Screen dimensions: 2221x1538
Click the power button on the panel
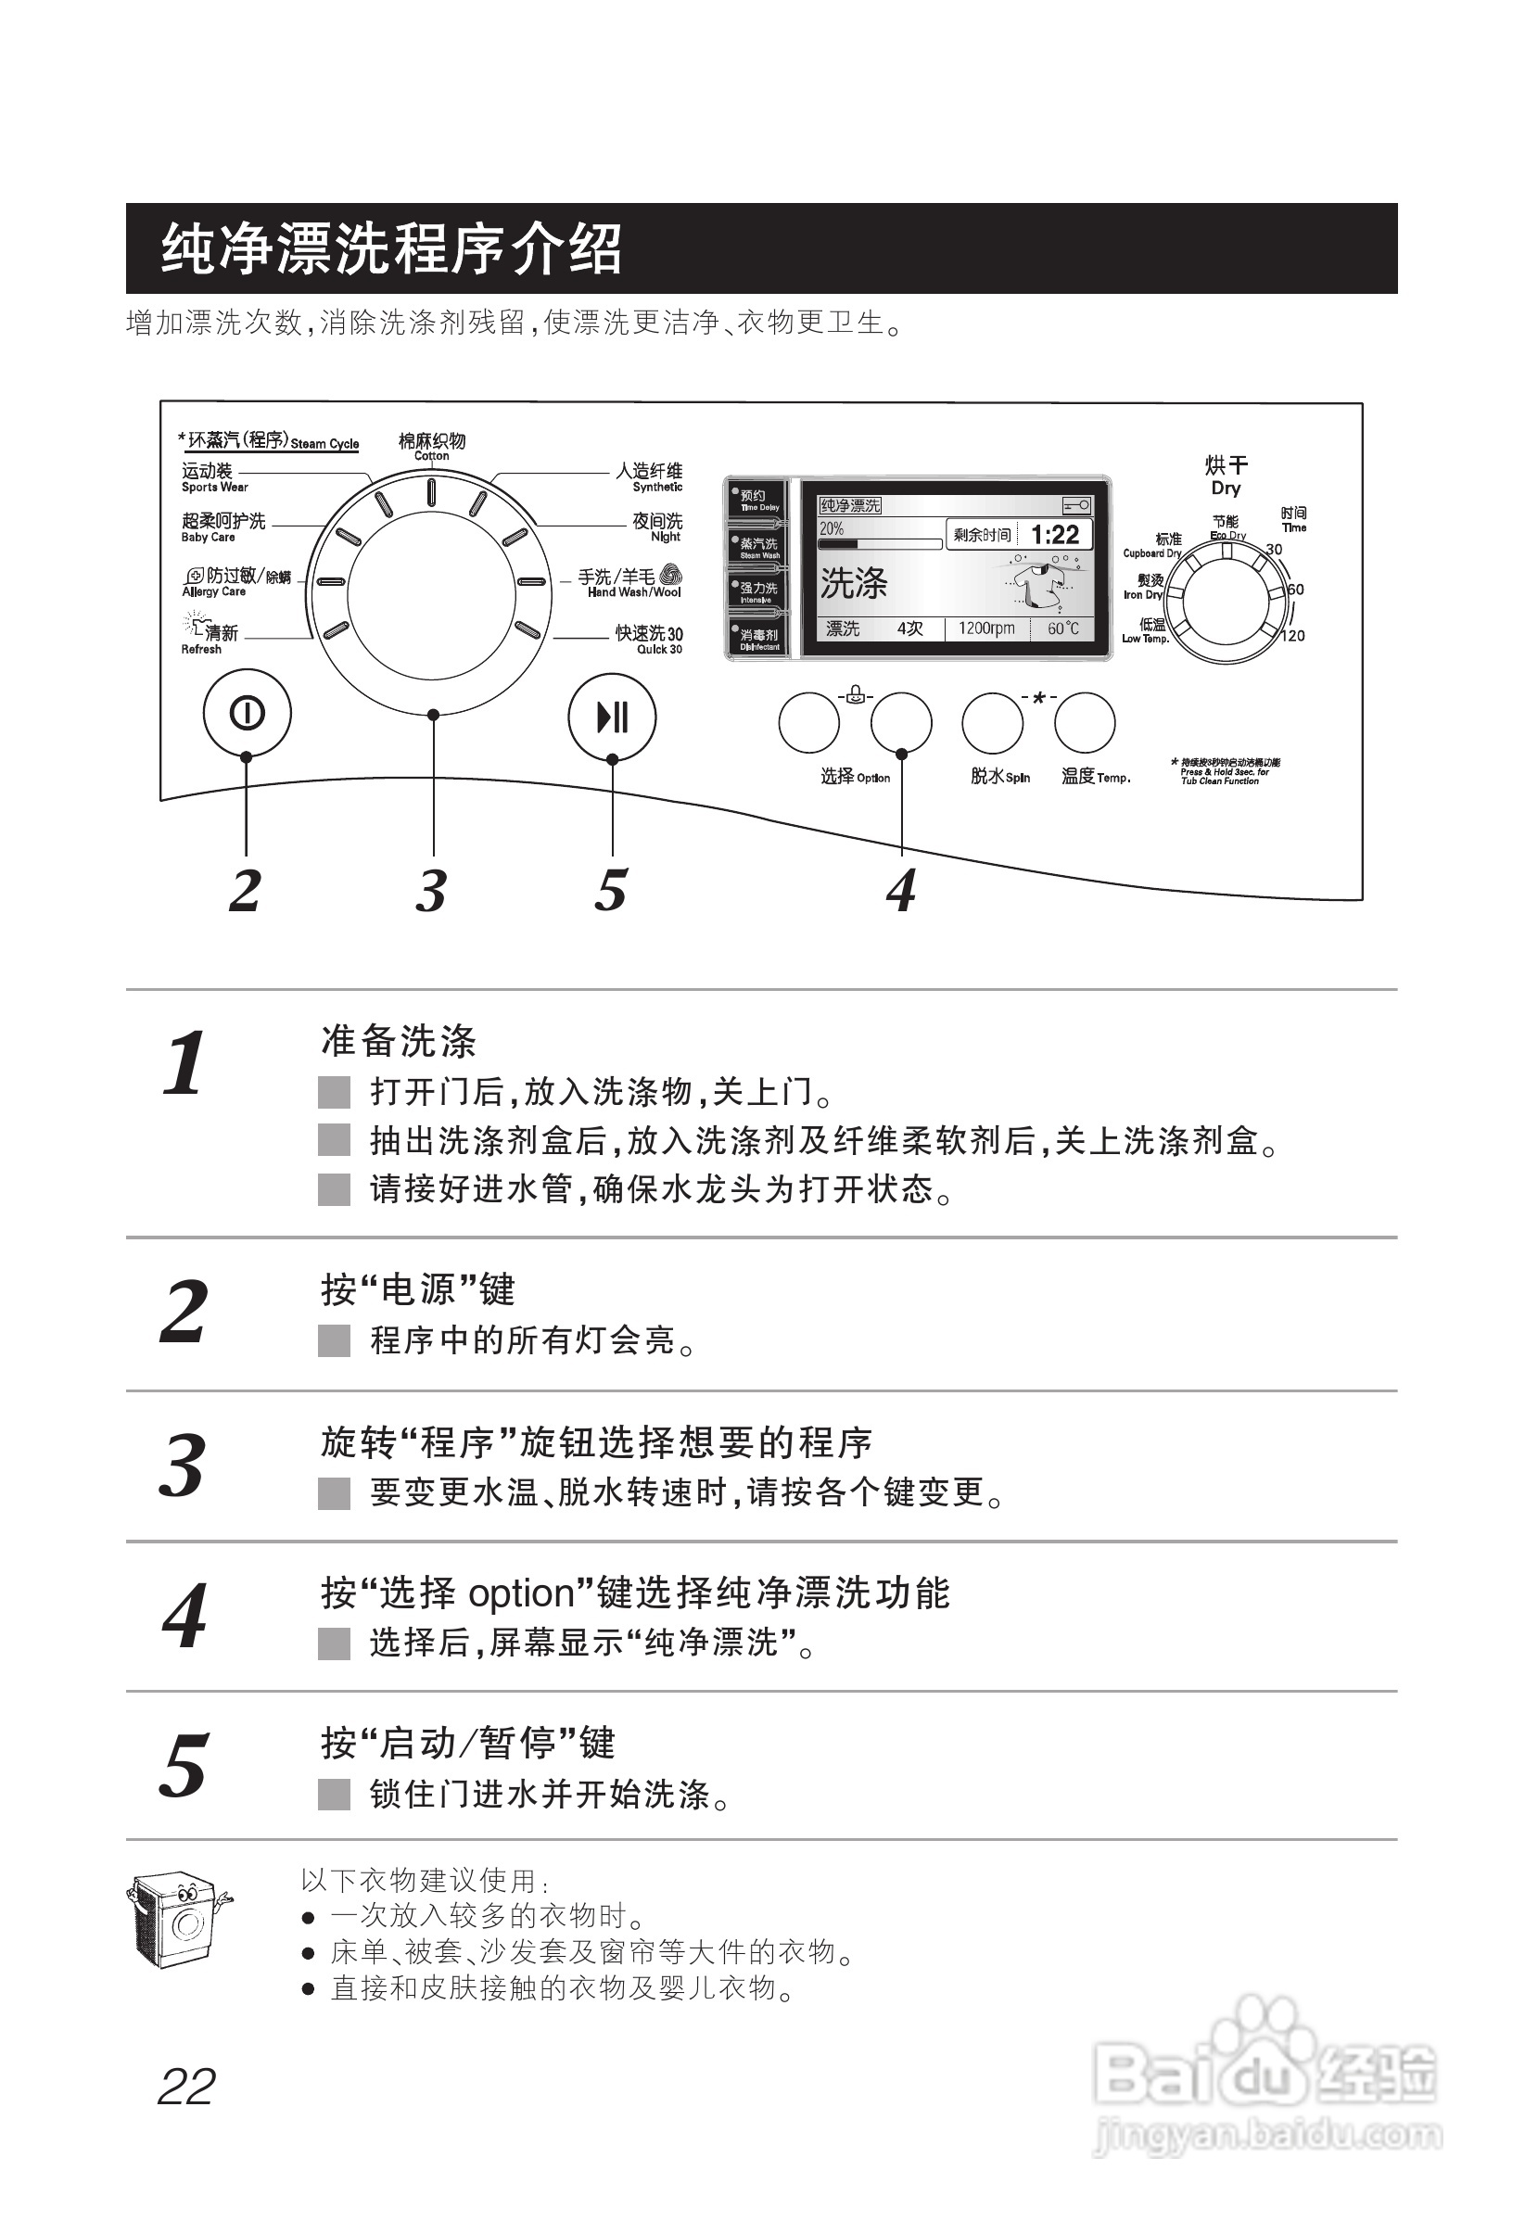click(247, 714)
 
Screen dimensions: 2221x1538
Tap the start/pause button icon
click(612, 717)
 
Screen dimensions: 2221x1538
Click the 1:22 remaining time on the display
click(1054, 535)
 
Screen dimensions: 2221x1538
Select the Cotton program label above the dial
click(432, 446)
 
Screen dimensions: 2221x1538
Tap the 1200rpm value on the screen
click(985, 628)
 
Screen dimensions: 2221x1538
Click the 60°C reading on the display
click(1063, 628)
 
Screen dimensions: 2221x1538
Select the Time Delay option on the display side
click(756, 500)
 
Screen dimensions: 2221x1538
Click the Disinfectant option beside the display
click(757, 639)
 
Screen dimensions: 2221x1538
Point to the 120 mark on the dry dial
click(1293, 636)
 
